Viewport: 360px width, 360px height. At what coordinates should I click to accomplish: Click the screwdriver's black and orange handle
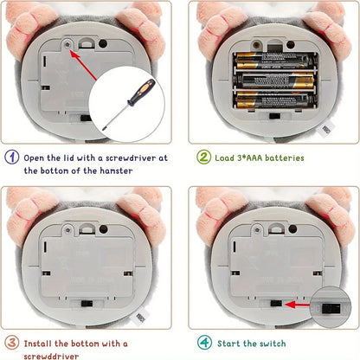click(x=139, y=91)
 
